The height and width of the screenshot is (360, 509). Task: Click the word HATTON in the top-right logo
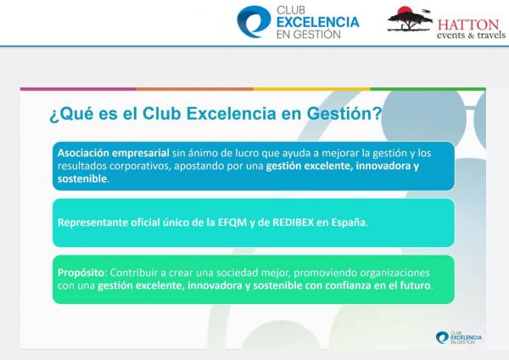point(467,25)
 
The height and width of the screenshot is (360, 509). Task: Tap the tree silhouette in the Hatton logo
point(410,20)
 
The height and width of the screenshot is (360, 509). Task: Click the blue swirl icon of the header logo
point(254,21)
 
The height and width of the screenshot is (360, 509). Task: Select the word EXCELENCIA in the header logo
point(318,22)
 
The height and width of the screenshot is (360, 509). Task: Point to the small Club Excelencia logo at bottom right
point(459,338)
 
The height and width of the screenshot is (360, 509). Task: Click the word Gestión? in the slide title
point(344,114)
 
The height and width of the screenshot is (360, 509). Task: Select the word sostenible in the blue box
point(82,178)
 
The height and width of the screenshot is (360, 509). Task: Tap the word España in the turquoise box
point(349,222)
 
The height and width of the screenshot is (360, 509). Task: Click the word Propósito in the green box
point(81,273)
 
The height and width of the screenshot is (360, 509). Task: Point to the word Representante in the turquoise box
point(92,222)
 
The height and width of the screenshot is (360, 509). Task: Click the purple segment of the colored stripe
point(78,88)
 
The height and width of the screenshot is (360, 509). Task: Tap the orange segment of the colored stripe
point(195,88)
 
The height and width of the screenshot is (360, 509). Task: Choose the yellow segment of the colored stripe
point(312,88)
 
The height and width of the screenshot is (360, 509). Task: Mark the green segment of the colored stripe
point(428,88)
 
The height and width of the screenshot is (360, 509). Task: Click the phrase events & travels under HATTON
point(471,35)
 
